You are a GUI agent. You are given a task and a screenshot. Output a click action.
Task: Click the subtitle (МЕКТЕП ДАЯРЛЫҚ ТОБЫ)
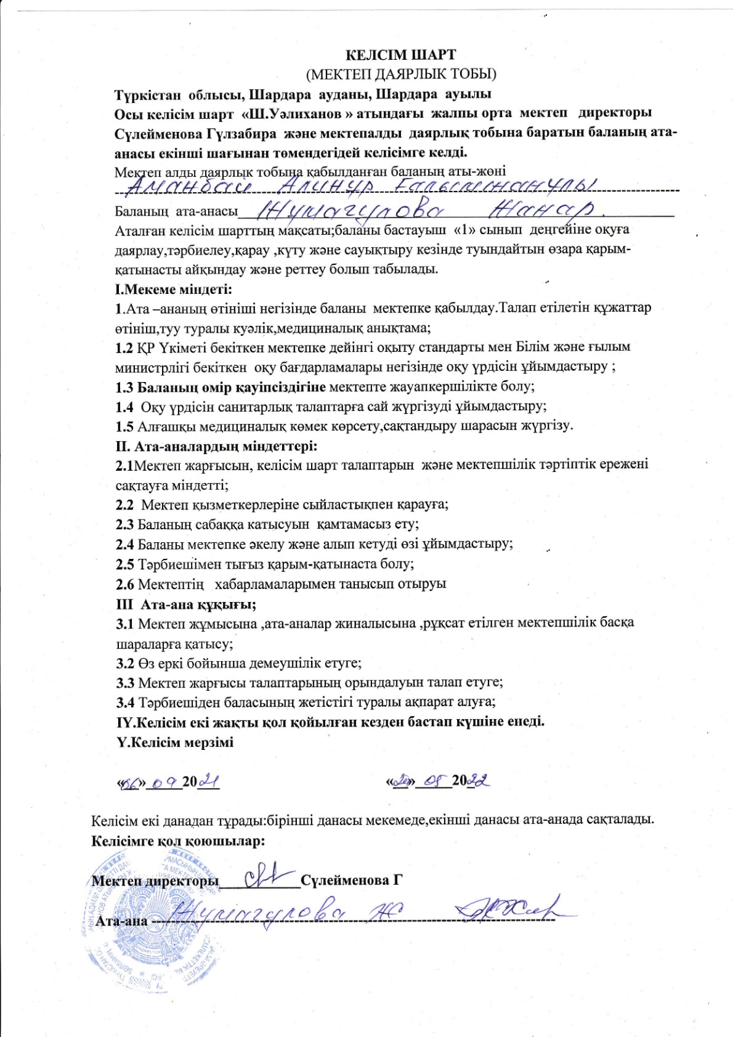[401, 74]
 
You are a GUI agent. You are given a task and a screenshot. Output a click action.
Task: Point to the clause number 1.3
[124, 387]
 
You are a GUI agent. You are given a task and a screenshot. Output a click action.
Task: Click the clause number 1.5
[124, 426]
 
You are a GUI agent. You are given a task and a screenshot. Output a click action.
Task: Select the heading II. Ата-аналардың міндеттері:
[216, 445]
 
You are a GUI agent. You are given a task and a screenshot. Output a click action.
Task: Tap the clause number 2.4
[124, 544]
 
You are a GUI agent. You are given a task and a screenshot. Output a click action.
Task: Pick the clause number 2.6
[124, 584]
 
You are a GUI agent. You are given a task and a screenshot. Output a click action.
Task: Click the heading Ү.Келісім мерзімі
[175, 741]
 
